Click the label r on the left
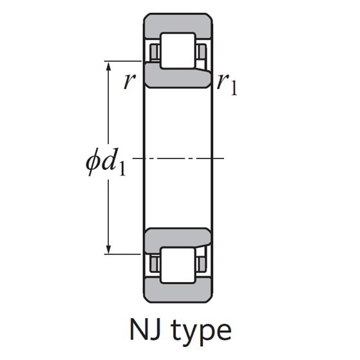coord(129,82)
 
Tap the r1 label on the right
coord(227,84)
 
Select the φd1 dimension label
coord(106,162)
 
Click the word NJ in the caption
coord(146,329)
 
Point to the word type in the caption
coord(201,332)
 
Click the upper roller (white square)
coord(178,51)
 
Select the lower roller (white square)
coord(178,265)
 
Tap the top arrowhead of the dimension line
coord(109,66)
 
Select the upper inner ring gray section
coord(178,77)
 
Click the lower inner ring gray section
coord(178,239)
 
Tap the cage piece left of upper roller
coord(155,52)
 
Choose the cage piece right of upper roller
coord(202,52)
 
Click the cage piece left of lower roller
coord(155,264)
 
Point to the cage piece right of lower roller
coord(202,264)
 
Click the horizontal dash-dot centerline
coord(178,158)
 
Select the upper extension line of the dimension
coord(122,61)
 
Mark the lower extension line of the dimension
coord(122,254)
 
